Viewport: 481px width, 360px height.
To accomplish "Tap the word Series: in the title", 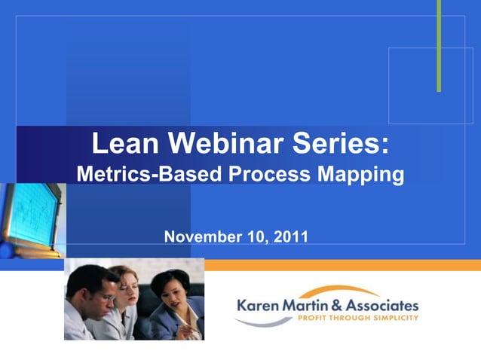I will tap(342, 143).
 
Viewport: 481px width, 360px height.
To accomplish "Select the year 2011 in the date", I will tap(292, 236).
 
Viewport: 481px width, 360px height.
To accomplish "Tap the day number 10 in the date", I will tap(256, 236).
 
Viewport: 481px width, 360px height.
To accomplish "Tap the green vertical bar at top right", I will tap(439, 45).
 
